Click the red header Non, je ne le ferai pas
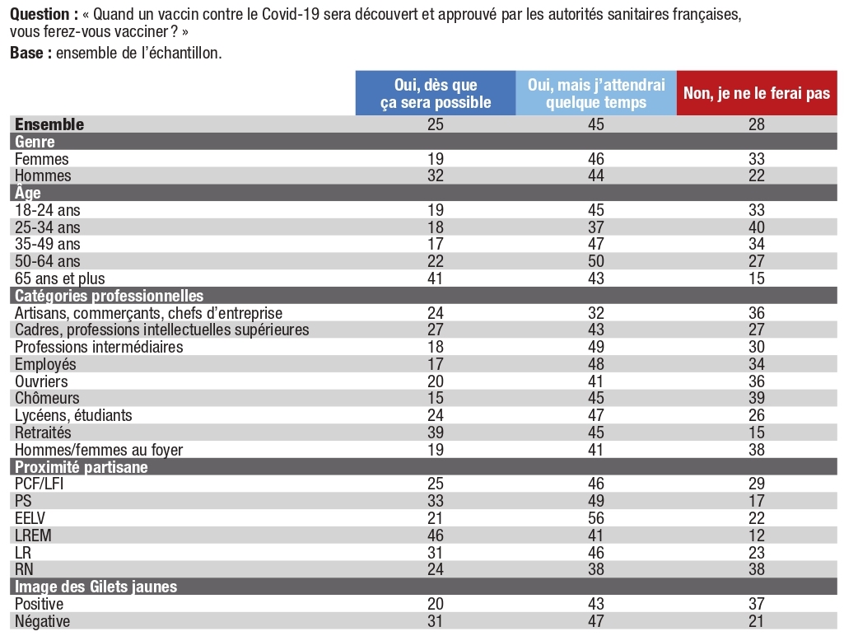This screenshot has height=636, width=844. pyautogui.click(x=756, y=93)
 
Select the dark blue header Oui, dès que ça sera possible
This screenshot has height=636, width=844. pyautogui.click(x=436, y=93)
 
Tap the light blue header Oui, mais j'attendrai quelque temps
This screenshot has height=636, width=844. pyautogui.click(x=596, y=93)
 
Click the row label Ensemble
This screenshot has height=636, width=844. pyautogui.click(x=49, y=124)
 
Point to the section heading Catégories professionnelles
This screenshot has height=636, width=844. pyautogui.click(x=109, y=296)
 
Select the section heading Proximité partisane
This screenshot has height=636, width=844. pyautogui.click(x=81, y=467)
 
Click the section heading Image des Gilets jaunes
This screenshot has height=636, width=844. pyautogui.click(x=96, y=587)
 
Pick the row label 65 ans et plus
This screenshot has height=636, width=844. pyautogui.click(x=60, y=278)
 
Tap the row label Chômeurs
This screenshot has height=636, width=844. pyautogui.click(x=47, y=398)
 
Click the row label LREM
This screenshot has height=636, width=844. pyautogui.click(x=34, y=535)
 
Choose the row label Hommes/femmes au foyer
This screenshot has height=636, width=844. pyautogui.click(x=99, y=450)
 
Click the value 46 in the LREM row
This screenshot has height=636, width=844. pyautogui.click(x=436, y=535)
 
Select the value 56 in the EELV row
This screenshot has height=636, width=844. pyautogui.click(x=596, y=518)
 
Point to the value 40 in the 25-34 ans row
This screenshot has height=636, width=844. pyautogui.click(x=756, y=227)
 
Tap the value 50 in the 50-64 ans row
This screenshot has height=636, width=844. pyautogui.click(x=596, y=261)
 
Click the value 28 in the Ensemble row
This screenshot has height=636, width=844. pyautogui.click(x=756, y=124)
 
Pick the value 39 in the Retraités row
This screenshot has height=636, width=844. pyautogui.click(x=436, y=433)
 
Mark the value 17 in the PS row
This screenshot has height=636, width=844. pyautogui.click(x=756, y=501)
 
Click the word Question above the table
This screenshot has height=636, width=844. pyautogui.click(x=40, y=15)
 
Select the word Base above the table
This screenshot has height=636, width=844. pyautogui.click(x=26, y=53)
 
